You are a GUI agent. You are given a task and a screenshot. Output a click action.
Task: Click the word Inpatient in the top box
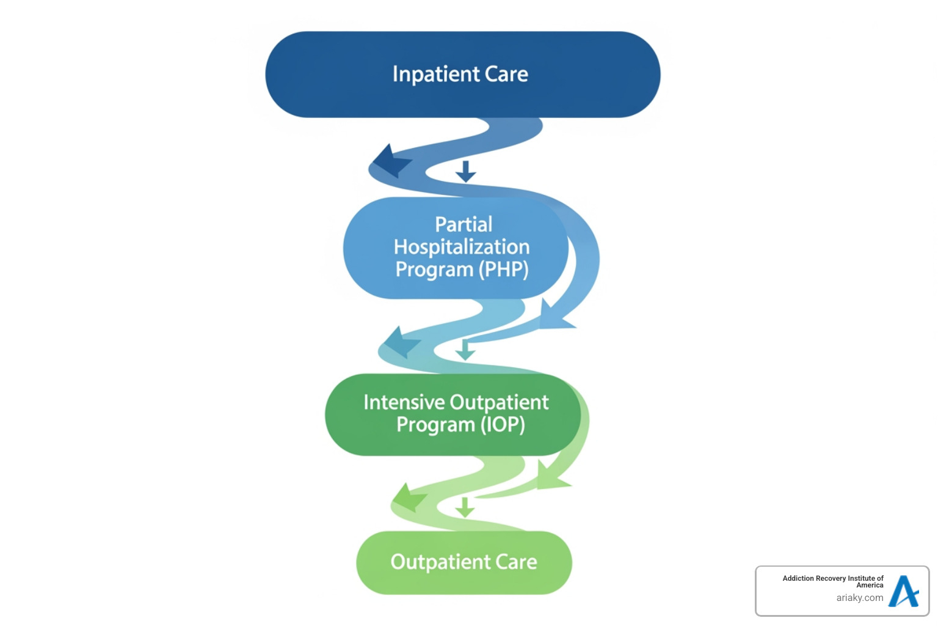[435, 75]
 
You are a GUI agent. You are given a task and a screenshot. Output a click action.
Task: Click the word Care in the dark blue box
[506, 75]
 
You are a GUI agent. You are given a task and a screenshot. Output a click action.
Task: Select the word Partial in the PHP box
[464, 224]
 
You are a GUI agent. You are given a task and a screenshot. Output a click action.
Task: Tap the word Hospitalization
[462, 247]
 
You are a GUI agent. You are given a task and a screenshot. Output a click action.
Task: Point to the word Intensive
[404, 402]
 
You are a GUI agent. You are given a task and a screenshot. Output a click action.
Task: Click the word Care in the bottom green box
[517, 562]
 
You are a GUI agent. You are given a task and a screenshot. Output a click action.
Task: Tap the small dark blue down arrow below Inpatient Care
[465, 172]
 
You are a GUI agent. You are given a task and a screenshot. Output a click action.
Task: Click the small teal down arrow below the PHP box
[465, 350]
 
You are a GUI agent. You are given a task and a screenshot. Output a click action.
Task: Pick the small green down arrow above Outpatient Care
[465, 507]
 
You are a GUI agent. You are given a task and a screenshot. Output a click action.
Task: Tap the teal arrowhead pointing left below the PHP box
[400, 342]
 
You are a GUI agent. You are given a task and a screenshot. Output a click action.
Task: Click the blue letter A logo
[904, 591]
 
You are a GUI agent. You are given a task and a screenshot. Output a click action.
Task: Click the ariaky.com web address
[860, 598]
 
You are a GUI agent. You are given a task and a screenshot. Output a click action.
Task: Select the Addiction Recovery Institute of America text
[833, 581]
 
